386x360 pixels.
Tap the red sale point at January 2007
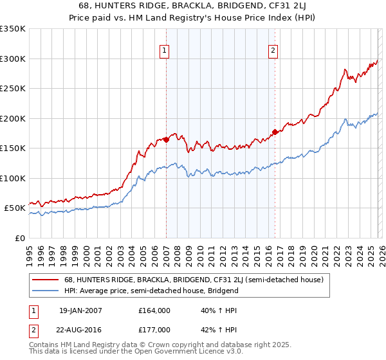click(166, 139)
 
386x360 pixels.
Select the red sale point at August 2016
click(275, 132)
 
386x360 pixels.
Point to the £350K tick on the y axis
click(12, 29)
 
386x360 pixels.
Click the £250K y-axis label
click(12, 89)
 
